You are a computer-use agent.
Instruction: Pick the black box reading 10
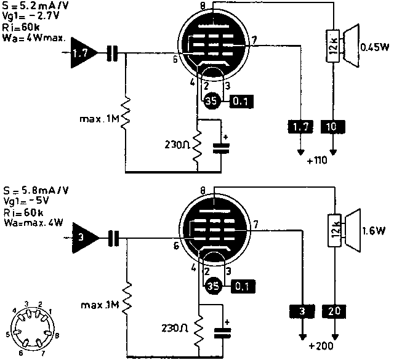pos(333,127)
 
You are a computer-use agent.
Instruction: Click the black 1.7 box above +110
pos(301,127)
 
